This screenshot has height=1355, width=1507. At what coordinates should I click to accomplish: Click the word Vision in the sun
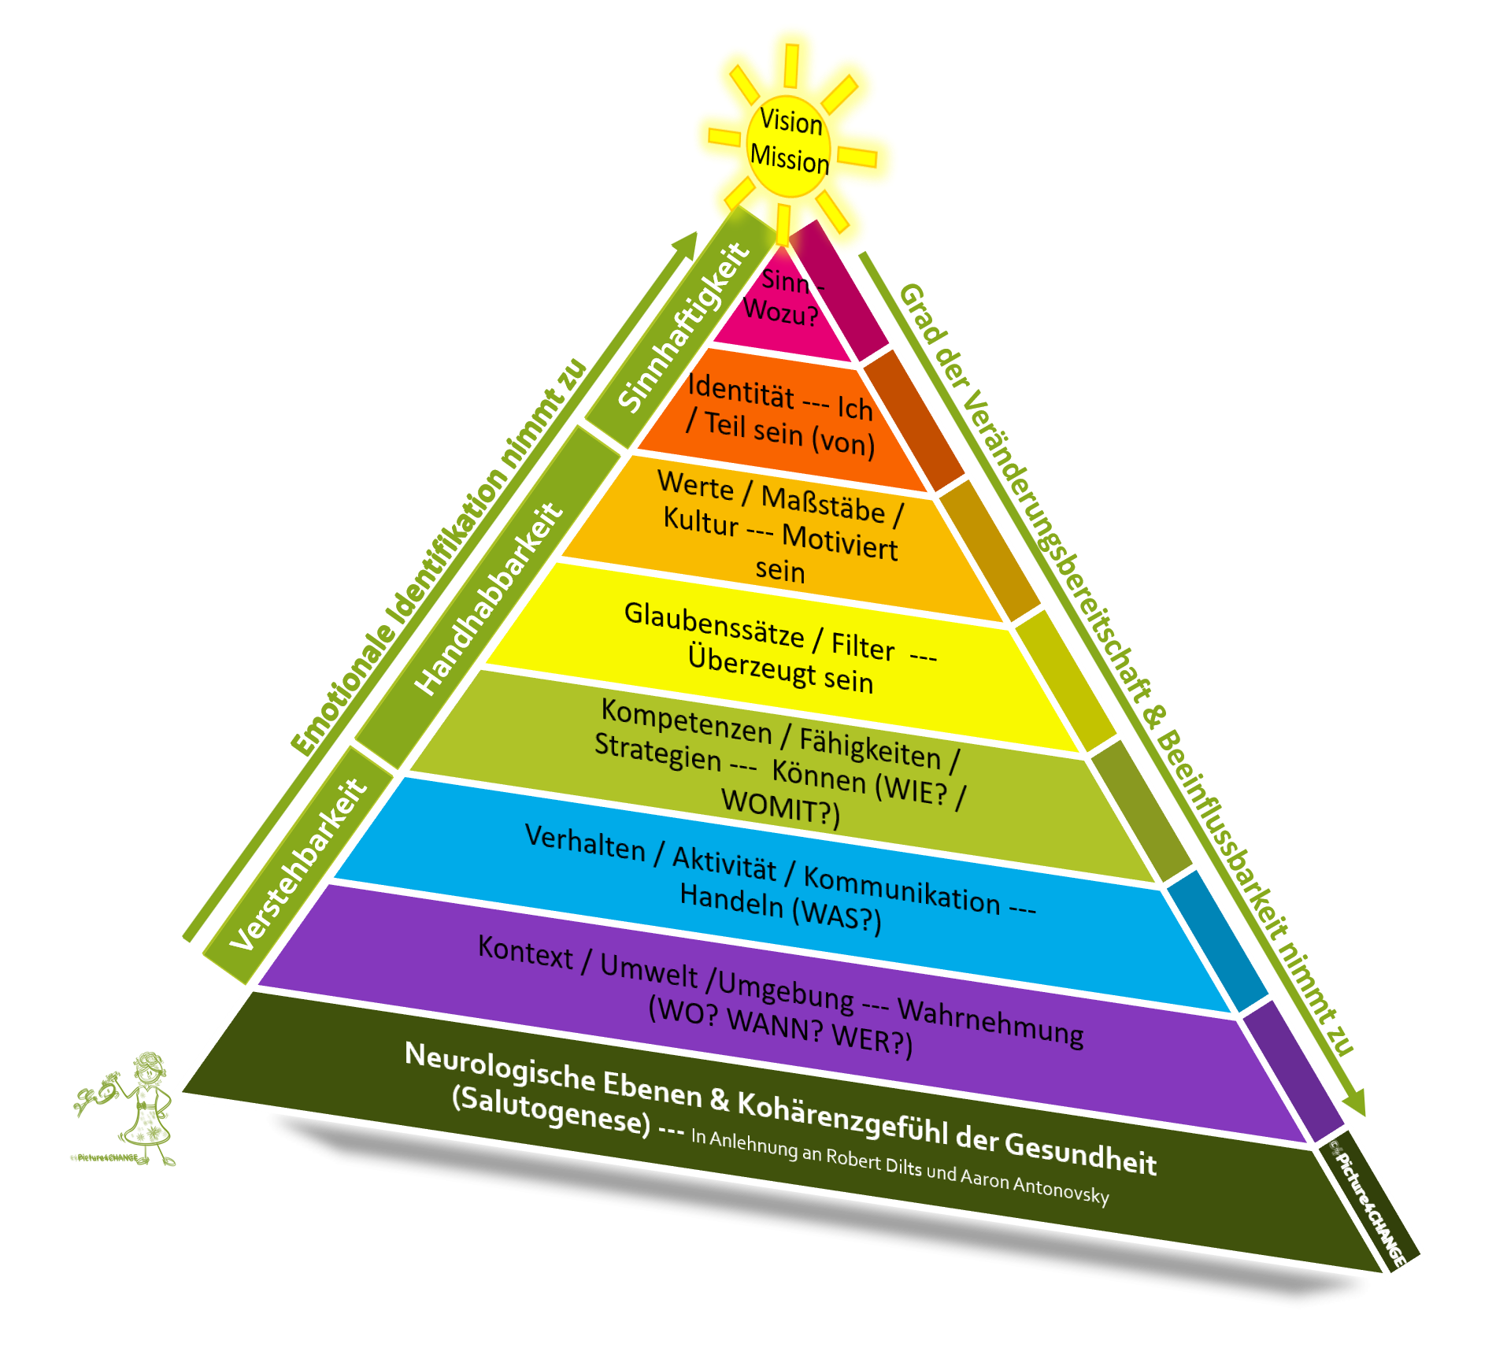click(791, 122)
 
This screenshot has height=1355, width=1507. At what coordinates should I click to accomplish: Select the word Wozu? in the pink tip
click(780, 312)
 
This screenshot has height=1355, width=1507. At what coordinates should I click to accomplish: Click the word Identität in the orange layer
click(740, 391)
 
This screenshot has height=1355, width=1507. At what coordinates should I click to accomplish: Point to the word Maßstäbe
click(823, 505)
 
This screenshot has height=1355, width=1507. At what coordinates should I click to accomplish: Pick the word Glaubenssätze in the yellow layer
click(714, 626)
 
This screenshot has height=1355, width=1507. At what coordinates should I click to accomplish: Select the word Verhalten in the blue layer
click(585, 842)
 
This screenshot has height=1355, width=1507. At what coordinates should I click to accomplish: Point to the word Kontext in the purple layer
click(525, 952)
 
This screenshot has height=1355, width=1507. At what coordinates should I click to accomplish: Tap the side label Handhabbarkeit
click(489, 598)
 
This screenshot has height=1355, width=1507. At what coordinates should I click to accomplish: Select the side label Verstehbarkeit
click(299, 864)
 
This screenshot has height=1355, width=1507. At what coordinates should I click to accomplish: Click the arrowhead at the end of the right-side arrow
click(1355, 1102)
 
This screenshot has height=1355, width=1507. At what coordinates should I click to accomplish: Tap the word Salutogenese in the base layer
click(551, 1110)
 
